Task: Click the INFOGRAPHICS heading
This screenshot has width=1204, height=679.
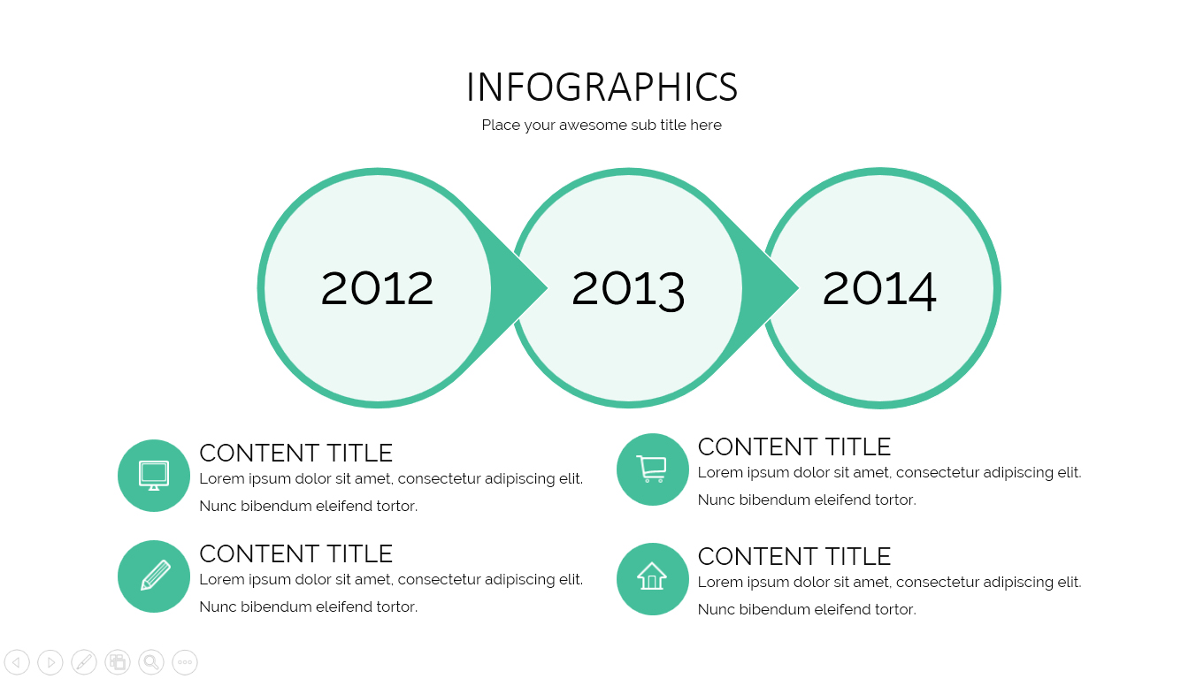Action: click(x=602, y=88)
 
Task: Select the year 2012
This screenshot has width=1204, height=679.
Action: click(x=377, y=288)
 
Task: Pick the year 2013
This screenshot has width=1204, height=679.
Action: click(x=628, y=288)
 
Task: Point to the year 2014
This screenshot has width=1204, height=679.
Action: click(x=879, y=288)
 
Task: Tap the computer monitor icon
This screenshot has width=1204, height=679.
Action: click(x=154, y=476)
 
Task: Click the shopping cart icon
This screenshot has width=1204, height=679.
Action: click(x=652, y=469)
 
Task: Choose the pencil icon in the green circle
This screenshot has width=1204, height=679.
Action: click(x=154, y=576)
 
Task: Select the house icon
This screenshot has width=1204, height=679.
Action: click(x=652, y=578)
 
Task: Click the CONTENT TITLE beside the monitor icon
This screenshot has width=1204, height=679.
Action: click(x=295, y=454)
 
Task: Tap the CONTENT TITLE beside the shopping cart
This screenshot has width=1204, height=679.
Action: click(x=794, y=447)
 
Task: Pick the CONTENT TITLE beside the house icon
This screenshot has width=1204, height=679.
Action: click(x=794, y=557)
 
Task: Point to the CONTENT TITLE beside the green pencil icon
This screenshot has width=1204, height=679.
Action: click(x=295, y=554)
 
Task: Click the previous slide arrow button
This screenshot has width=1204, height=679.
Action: click(x=17, y=662)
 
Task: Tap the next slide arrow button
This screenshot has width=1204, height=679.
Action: click(x=50, y=662)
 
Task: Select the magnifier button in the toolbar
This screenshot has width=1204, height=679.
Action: click(x=151, y=662)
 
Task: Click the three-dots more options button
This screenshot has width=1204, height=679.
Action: click(x=185, y=662)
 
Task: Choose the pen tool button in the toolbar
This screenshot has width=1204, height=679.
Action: click(x=84, y=662)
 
